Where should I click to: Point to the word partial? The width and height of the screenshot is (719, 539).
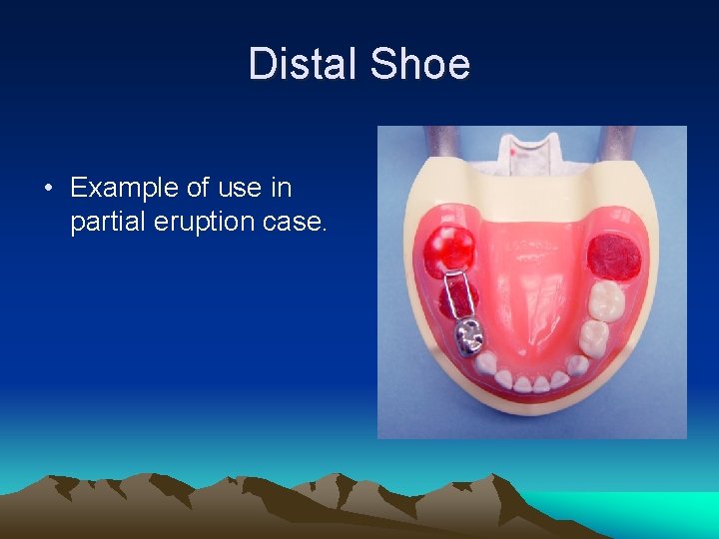pos(105,222)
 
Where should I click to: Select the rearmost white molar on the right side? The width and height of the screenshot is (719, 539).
pos(605,299)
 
